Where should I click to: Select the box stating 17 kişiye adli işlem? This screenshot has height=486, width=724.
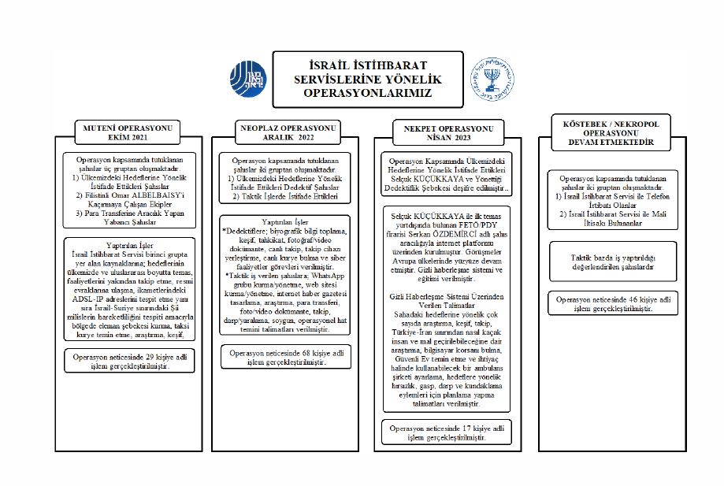447,432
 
